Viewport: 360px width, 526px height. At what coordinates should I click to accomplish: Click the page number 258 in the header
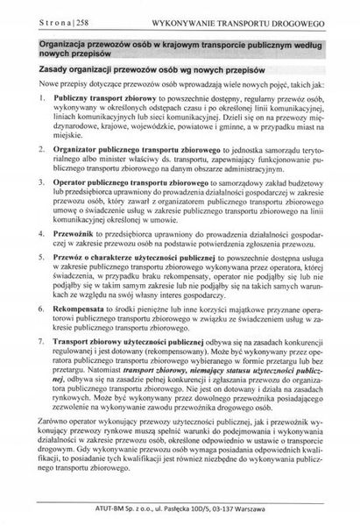click(76, 18)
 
